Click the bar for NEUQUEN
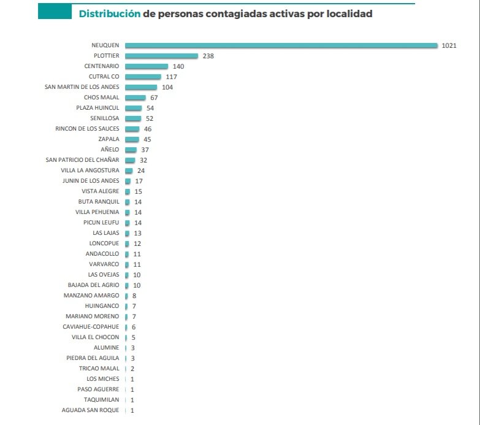pos(281,45)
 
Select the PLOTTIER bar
pos(161,56)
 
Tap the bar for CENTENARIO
pos(146,66)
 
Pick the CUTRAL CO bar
pos(143,77)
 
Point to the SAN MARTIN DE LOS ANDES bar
pos(140,87)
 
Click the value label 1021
pos(449,45)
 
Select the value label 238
pos(208,56)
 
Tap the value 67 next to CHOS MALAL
pos(154,98)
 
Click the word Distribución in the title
pos(109,13)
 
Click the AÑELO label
pos(110,150)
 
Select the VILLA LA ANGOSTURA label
pos(90,170)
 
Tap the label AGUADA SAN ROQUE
pos(91,410)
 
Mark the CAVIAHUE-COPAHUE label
pos(91,326)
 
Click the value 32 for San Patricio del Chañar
pos(144,160)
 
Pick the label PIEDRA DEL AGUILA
pos(93,358)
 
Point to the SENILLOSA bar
pos(132,118)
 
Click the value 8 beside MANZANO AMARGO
pos(134,295)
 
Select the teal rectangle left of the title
pos(54,12)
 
